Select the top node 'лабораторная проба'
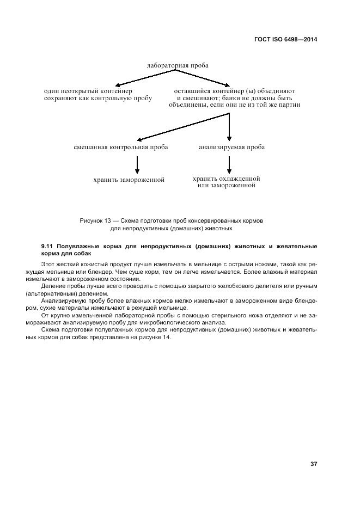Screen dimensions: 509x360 (177, 65)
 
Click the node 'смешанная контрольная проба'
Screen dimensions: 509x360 (121, 147)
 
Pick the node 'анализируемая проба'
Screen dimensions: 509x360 (231, 147)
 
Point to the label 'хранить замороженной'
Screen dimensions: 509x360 (129, 180)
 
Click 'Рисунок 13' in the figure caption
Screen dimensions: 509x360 (95, 221)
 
